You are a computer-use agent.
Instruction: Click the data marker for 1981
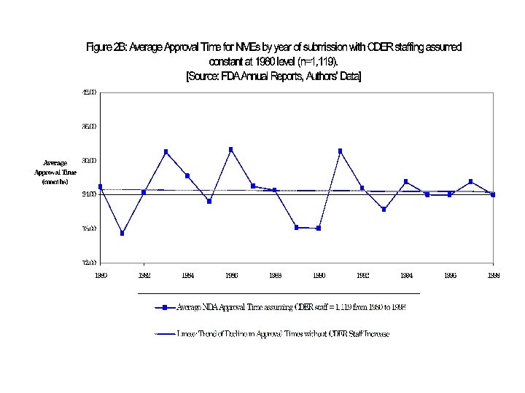point(122,234)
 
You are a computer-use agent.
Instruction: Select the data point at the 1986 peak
point(231,149)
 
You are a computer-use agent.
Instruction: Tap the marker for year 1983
point(166,151)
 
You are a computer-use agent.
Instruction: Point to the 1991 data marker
point(340,151)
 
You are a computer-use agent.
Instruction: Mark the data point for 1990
point(319,229)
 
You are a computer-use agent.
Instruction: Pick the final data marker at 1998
point(493,194)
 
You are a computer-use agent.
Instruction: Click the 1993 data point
point(384,210)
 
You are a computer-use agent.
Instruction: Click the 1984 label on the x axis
point(187,276)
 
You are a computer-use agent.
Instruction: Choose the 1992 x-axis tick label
point(362,276)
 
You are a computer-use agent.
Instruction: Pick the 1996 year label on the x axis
point(450,276)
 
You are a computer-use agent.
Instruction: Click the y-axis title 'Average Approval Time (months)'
point(55,172)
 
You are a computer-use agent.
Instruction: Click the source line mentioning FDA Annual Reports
point(273,76)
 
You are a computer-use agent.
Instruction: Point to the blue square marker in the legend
point(166,307)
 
